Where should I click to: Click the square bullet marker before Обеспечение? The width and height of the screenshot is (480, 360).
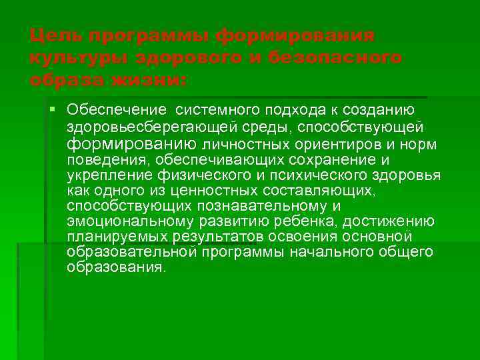pyautogui.click(x=53, y=109)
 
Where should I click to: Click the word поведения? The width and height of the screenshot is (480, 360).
pyautogui.click(x=107, y=161)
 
